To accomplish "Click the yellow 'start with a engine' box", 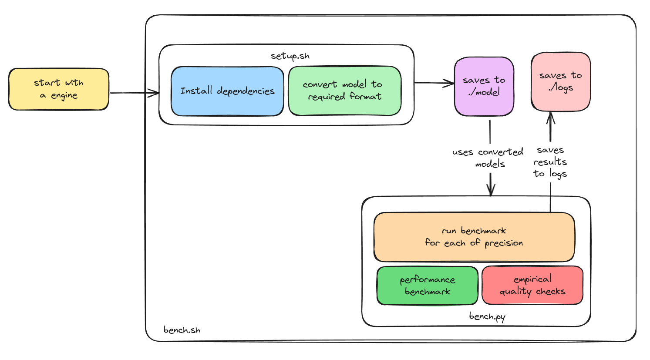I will pyautogui.click(x=59, y=89).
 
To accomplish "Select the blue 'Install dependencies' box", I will pyautogui.click(x=227, y=91).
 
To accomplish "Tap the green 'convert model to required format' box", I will pyautogui.click(x=344, y=91).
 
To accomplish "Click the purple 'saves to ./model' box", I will pyautogui.click(x=484, y=86).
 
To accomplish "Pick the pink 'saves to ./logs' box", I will pyautogui.click(x=561, y=81).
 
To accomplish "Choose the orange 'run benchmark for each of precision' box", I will pyautogui.click(x=474, y=237).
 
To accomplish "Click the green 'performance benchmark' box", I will pyautogui.click(x=427, y=286).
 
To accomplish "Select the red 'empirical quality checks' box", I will pyautogui.click(x=532, y=285).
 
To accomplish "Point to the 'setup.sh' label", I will pyautogui.click(x=290, y=56).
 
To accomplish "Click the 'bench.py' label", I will pyautogui.click(x=487, y=316).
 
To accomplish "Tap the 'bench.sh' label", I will pyautogui.click(x=182, y=330).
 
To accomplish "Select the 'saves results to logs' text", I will pyautogui.click(x=550, y=162).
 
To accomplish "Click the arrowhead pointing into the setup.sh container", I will pyautogui.click(x=155, y=93).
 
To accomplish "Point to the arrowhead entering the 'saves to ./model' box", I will pyautogui.click(x=450, y=83).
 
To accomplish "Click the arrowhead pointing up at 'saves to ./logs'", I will pyautogui.click(x=551, y=117).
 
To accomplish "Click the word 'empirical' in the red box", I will pyautogui.click(x=532, y=279).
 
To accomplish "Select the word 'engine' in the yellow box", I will pyautogui.click(x=64, y=96).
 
